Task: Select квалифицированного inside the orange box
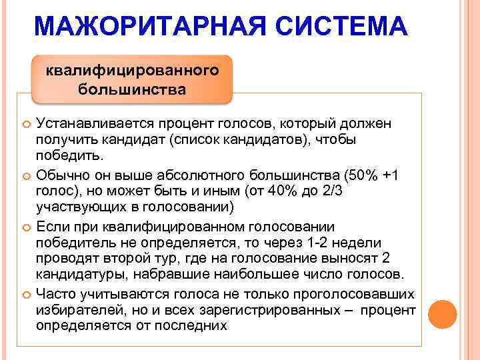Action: click(x=133, y=70)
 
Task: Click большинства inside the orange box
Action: click(x=132, y=89)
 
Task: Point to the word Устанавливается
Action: click(x=89, y=124)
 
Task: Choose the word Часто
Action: click(x=57, y=294)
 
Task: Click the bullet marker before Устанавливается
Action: click(x=26, y=125)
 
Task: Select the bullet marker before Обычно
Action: click(x=26, y=175)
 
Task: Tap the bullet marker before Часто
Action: click(x=26, y=295)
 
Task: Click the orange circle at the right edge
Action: click(x=442, y=314)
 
